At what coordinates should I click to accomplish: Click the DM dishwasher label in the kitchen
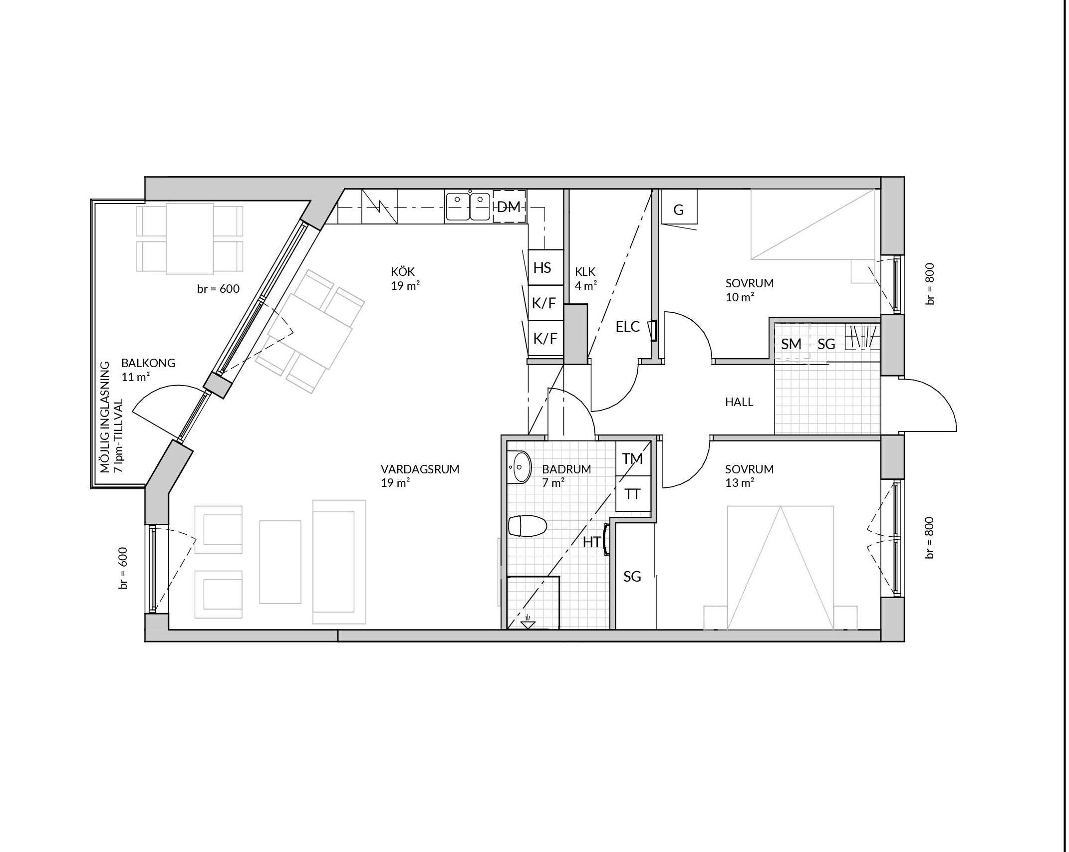509,207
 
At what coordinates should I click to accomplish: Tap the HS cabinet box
546,267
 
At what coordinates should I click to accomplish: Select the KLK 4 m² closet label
586,278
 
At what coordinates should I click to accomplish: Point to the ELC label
627,327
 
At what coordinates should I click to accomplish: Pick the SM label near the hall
791,344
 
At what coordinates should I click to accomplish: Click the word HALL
739,402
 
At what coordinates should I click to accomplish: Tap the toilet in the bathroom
528,526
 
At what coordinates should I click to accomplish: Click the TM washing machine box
633,458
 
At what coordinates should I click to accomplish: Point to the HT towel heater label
591,542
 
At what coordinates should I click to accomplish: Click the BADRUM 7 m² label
566,475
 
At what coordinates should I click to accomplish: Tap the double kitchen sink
468,206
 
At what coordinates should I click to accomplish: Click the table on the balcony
190,238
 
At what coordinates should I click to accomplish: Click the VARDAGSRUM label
420,469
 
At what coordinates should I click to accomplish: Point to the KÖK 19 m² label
405,279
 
